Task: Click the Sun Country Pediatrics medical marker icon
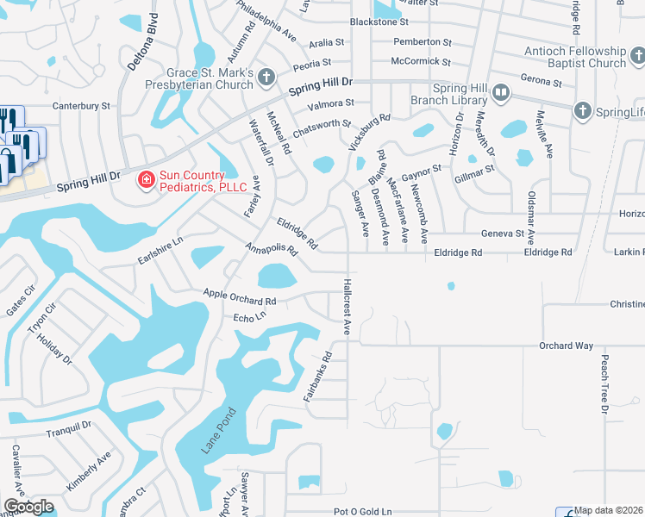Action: (x=147, y=180)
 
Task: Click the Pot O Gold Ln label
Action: (x=363, y=511)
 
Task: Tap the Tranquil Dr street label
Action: (x=69, y=427)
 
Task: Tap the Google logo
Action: (x=28, y=507)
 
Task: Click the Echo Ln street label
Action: (x=250, y=318)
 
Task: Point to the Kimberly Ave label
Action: (x=90, y=470)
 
